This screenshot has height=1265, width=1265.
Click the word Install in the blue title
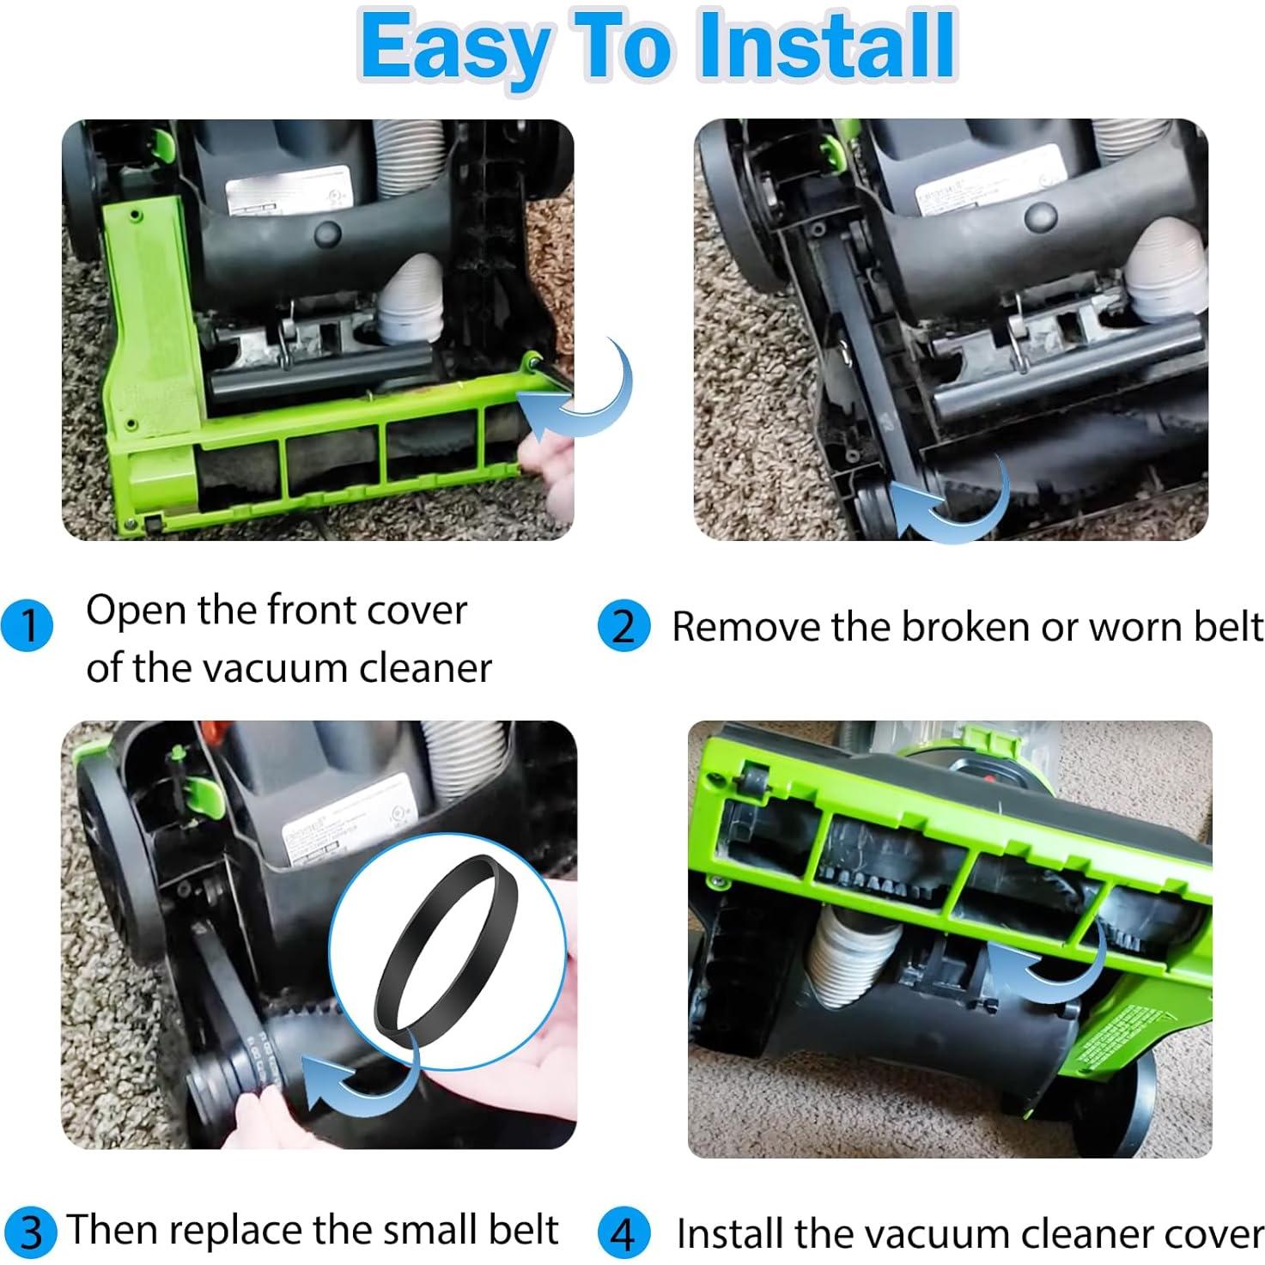click(x=827, y=47)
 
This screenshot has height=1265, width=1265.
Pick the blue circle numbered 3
click(x=30, y=1232)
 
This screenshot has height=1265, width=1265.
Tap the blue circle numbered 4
click(x=623, y=1233)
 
